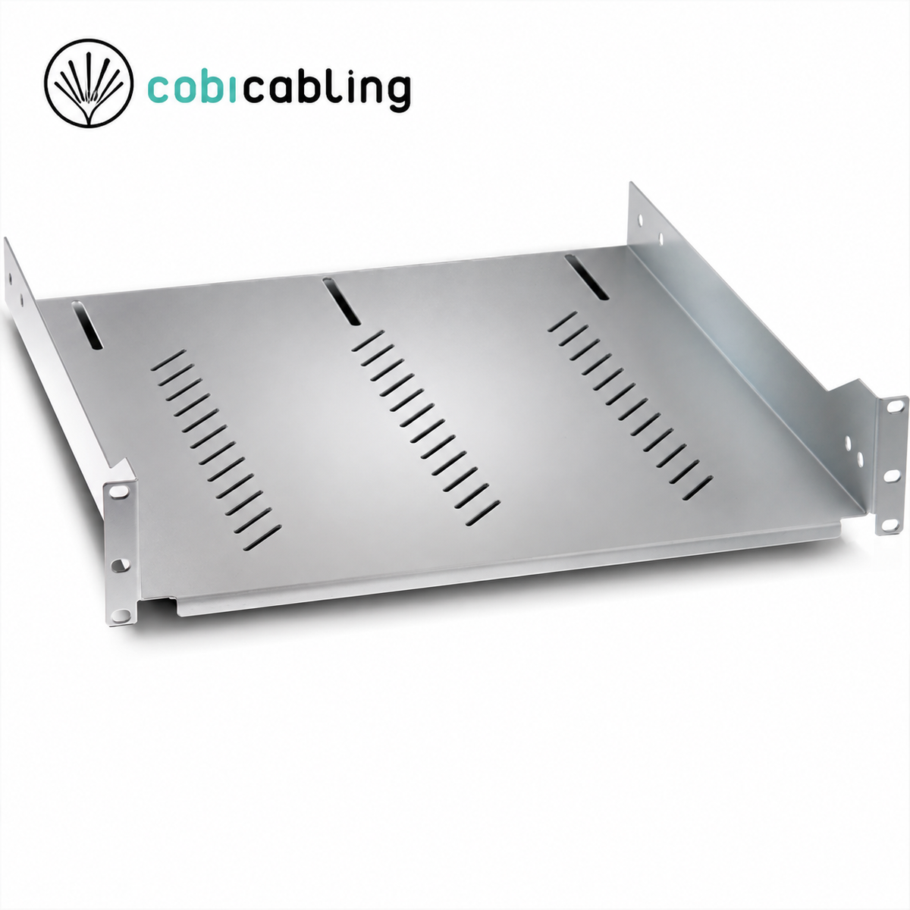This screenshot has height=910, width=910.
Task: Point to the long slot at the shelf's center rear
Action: [341, 302]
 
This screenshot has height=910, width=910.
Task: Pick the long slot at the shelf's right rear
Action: [586, 278]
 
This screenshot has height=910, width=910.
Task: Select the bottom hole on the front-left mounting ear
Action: [121, 614]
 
